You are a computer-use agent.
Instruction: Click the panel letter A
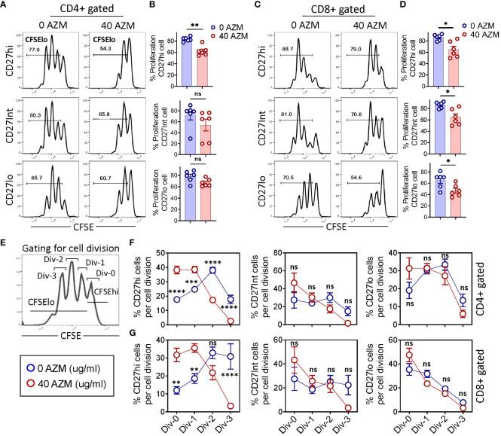point(5,6)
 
